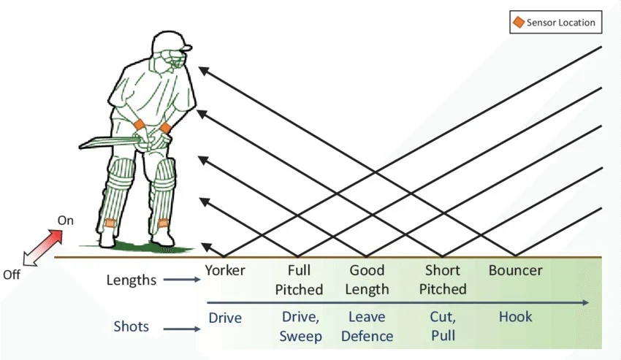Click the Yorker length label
[x=225, y=270]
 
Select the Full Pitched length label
[x=299, y=280]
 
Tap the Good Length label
[x=367, y=280]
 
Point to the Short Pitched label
[x=442, y=280]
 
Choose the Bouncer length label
[x=515, y=270]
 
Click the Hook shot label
[x=515, y=317]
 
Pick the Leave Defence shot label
[x=367, y=326]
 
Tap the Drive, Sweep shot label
[x=300, y=326]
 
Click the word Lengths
[x=132, y=280]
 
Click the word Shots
[x=132, y=326]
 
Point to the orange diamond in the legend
[x=518, y=22]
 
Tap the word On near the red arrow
[x=66, y=220]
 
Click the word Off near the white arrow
[x=12, y=275]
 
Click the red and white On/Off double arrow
[x=41, y=247]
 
